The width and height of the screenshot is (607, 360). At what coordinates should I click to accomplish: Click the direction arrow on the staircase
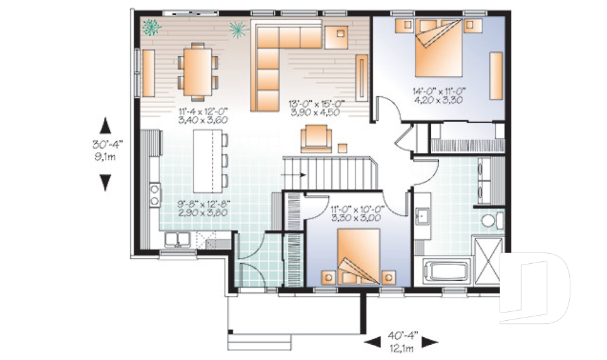click(x=298, y=173)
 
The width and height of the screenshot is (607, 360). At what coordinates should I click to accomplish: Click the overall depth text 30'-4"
click(x=105, y=145)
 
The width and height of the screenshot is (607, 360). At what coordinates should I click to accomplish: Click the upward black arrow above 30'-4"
click(x=105, y=127)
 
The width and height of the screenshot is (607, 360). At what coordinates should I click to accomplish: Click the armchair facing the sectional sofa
click(x=316, y=137)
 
